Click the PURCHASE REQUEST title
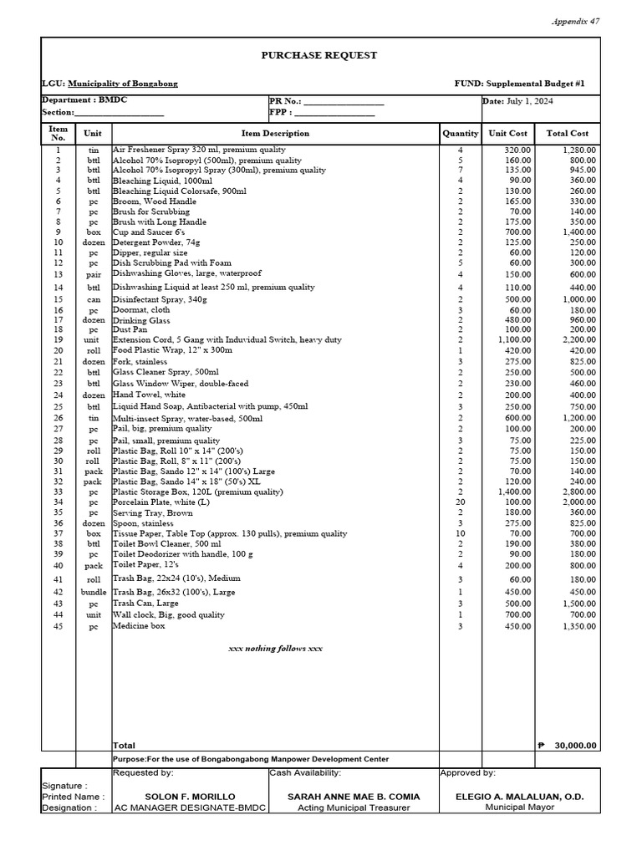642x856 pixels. (x=321, y=55)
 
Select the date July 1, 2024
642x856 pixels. (x=529, y=101)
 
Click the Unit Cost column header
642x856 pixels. (x=507, y=133)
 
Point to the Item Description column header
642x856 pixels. (x=275, y=133)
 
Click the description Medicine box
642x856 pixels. (x=139, y=625)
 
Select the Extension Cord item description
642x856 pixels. (x=227, y=339)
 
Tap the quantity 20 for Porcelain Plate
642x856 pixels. (x=460, y=502)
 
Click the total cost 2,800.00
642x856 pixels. (x=578, y=492)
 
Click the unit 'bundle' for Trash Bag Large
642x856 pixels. (x=94, y=592)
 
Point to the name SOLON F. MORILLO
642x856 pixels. (x=190, y=797)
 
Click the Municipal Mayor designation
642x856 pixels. (x=519, y=808)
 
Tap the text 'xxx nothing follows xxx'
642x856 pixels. (x=275, y=649)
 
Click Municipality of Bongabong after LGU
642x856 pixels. (x=122, y=84)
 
